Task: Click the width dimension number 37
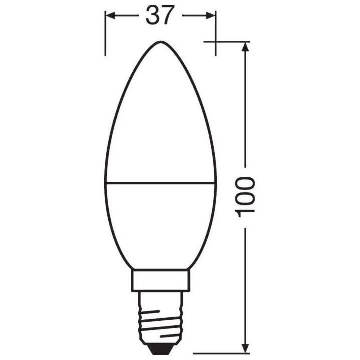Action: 159,16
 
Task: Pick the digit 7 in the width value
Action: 168,16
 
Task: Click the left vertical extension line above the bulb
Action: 105,35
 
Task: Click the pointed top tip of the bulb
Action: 160,42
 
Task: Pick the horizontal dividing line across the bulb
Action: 160,183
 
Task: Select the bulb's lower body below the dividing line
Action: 160,225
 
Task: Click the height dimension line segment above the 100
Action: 245,110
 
